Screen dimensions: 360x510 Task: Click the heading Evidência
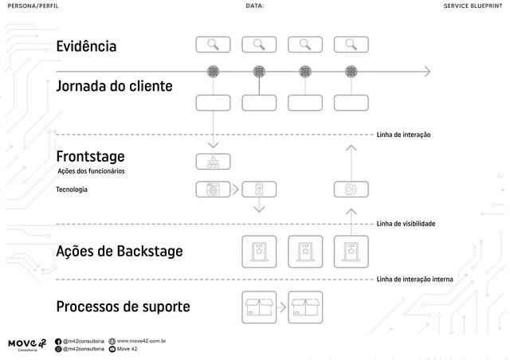tap(86, 46)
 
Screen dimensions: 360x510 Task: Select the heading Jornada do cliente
tap(113, 86)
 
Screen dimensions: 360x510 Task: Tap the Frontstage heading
tap(90, 155)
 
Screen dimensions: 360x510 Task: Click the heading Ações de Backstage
tap(119, 252)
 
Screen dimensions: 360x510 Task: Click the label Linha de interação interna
tap(414, 280)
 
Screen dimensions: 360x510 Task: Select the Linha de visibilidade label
tap(406, 224)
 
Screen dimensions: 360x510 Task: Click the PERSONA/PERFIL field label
tap(33, 6)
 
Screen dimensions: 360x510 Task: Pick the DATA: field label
tap(255, 6)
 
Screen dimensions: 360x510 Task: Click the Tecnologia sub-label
tap(72, 190)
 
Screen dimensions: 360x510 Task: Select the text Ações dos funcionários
tap(91, 171)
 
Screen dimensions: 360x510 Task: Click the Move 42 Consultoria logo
tap(27, 344)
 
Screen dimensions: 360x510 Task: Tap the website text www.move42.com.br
tap(141, 341)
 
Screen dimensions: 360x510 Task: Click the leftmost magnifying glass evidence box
tap(213, 45)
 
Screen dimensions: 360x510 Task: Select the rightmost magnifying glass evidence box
tap(351, 45)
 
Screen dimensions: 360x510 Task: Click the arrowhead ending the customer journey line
tap(426, 72)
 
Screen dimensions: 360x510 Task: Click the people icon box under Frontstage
tap(213, 162)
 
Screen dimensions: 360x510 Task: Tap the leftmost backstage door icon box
tap(258, 252)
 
